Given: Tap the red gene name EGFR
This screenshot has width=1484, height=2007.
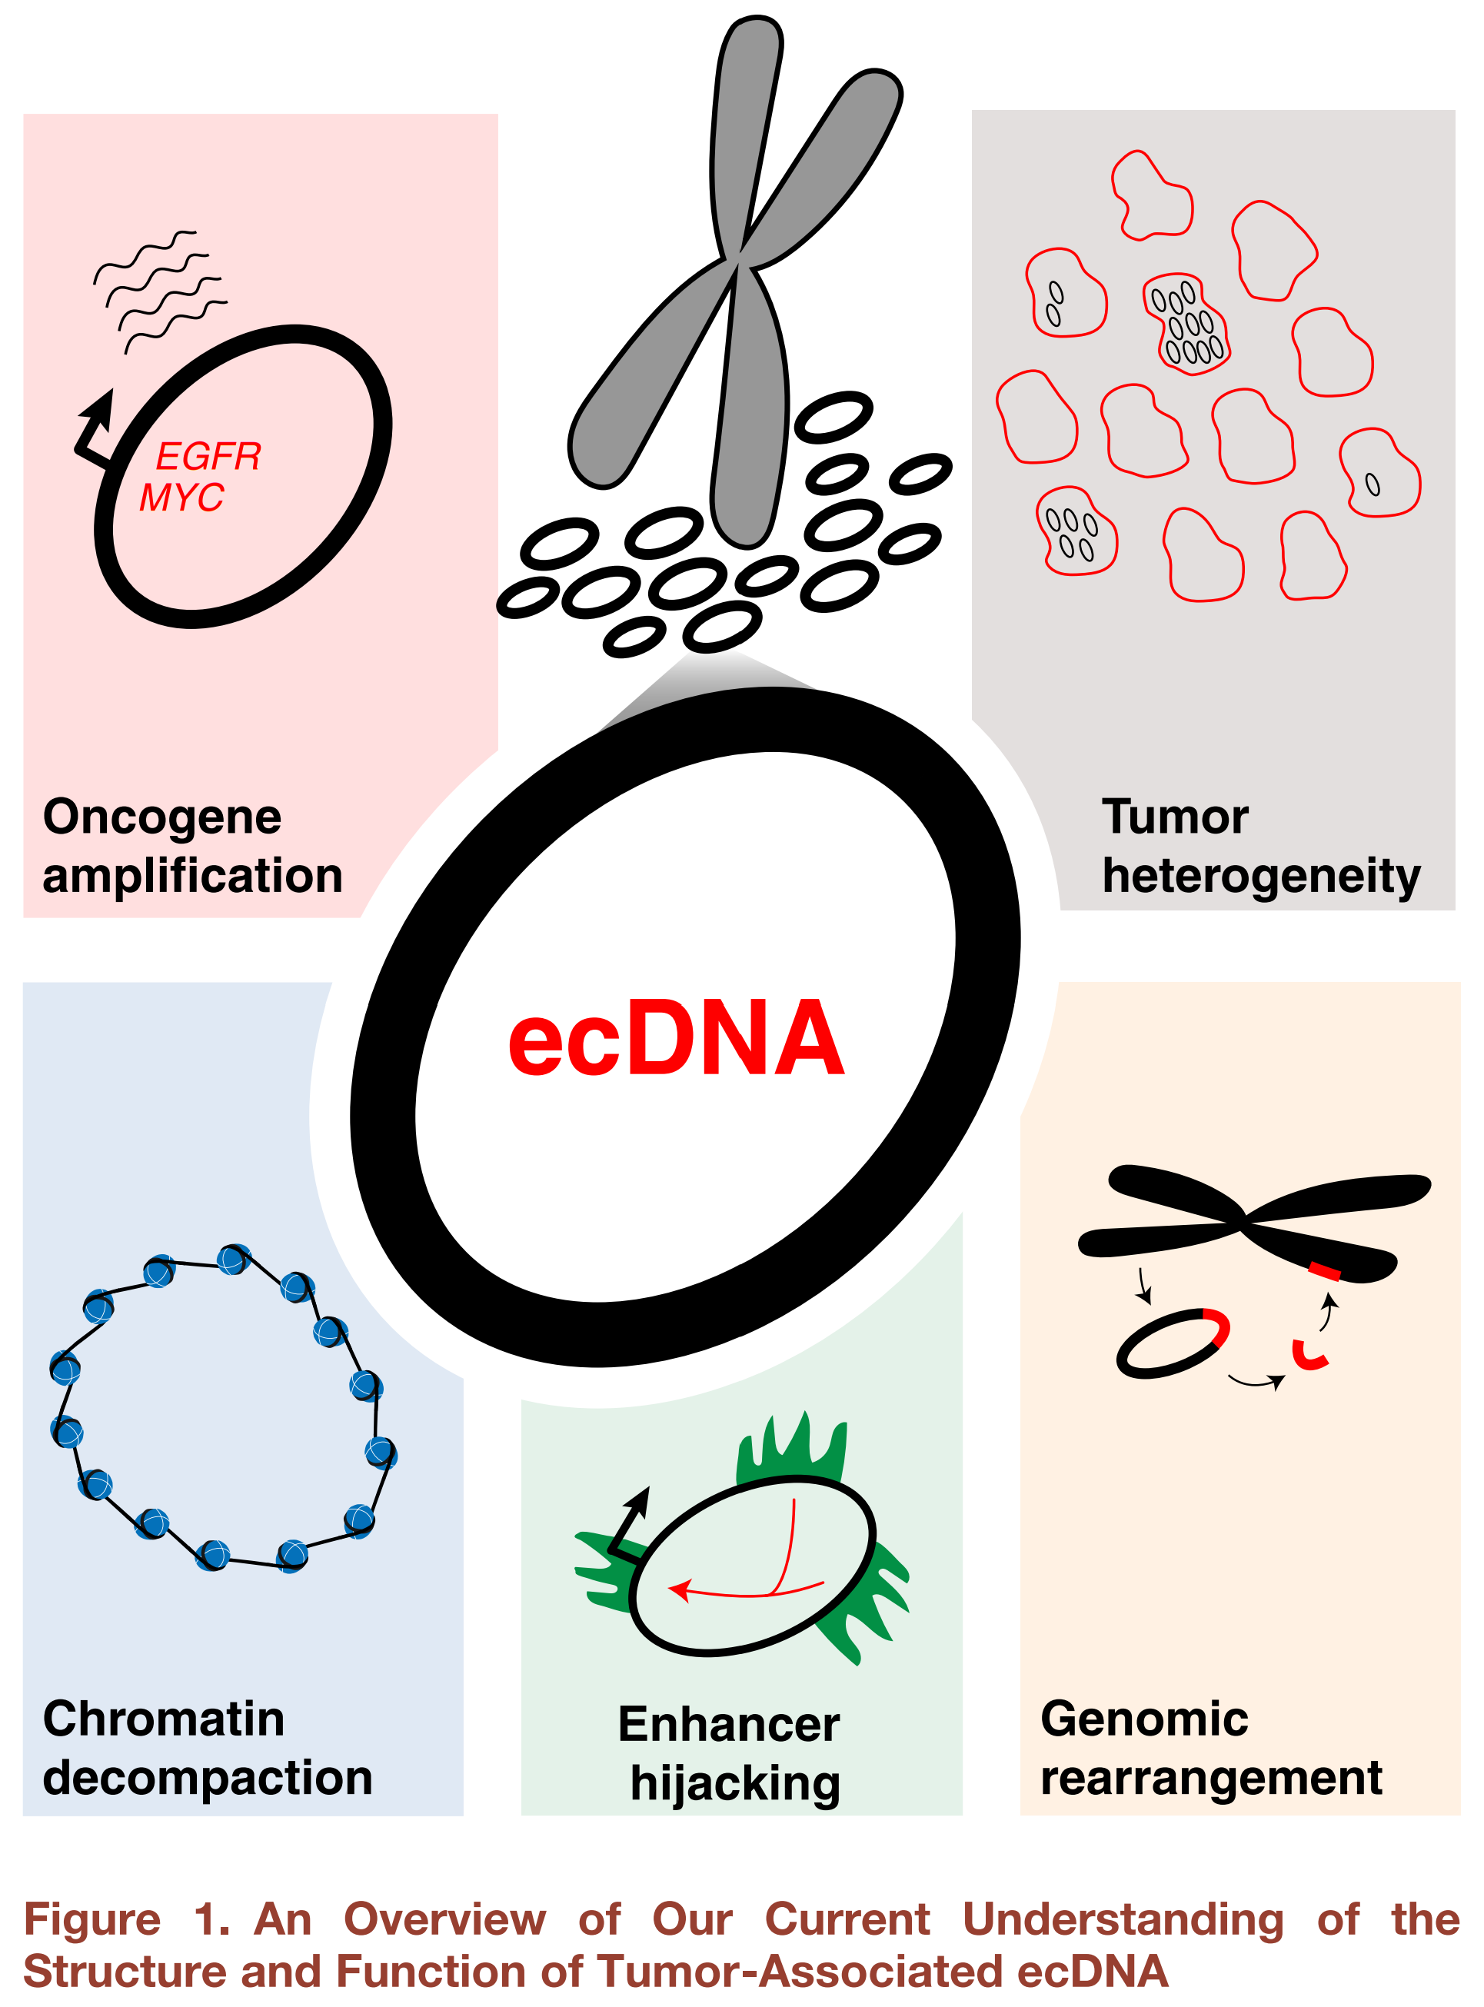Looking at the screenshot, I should point(208,457).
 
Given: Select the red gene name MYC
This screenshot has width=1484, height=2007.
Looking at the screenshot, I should point(181,497).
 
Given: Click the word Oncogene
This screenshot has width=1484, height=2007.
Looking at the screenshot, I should point(161,817).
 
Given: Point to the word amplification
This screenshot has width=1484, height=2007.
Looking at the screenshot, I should point(192,876).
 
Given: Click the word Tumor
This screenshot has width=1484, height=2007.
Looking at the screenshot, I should point(1174,817).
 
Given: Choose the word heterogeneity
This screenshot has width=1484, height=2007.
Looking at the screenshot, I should point(1260,876).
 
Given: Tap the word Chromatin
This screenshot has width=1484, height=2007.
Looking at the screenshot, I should point(164,1719).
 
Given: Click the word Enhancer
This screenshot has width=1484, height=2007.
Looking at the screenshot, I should point(728,1724).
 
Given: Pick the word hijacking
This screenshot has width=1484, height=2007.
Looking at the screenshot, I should point(735,1783).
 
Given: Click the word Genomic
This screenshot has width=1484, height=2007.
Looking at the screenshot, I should point(1143,1719).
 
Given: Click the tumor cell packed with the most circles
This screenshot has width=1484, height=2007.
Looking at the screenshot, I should point(1186,324).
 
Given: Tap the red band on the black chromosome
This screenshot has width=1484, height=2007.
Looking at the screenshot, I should point(1323,1270).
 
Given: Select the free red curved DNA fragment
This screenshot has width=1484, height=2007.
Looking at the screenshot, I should point(1309,1356).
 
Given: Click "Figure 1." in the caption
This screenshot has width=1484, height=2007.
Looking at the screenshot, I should point(126,1920).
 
